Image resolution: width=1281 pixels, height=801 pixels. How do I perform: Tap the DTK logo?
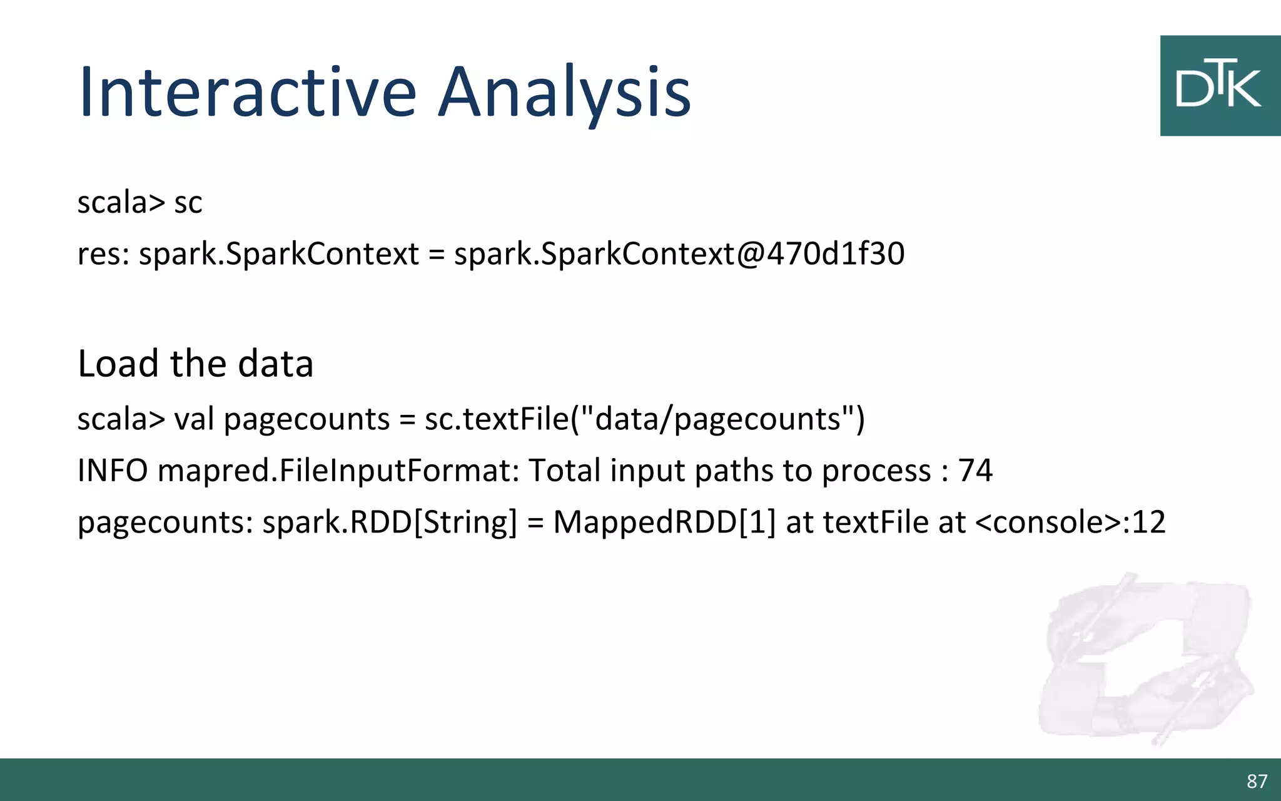pyautogui.click(x=1219, y=86)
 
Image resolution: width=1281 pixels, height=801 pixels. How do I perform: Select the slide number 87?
pyautogui.click(x=1257, y=782)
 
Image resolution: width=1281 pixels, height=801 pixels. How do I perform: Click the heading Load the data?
pyautogui.click(x=195, y=364)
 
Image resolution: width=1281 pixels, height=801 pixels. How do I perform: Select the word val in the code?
pyautogui.click(x=194, y=419)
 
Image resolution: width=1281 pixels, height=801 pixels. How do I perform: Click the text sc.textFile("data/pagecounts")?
pyautogui.click(x=644, y=419)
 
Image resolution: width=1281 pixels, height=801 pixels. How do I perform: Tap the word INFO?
pyautogui.click(x=113, y=471)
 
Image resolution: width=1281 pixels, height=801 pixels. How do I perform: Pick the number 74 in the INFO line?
pyautogui.click(x=975, y=471)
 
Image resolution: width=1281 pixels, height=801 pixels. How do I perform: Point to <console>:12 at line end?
pyautogui.click(x=1070, y=523)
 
